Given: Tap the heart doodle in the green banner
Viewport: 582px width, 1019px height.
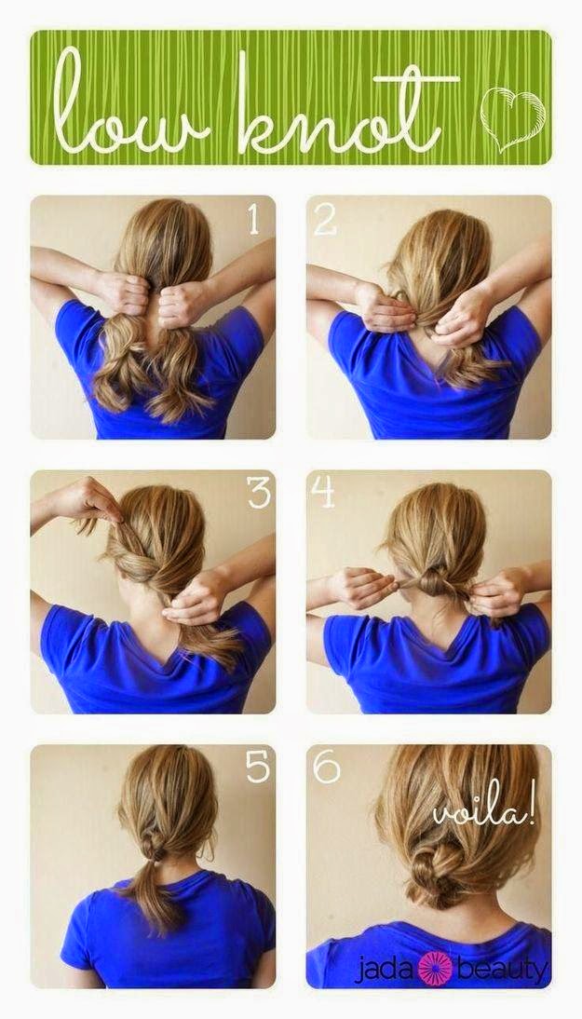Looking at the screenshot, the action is (x=512, y=117).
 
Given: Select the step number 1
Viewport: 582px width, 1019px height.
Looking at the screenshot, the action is (x=254, y=219).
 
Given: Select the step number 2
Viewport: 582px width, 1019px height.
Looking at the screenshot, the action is (x=325, y=220).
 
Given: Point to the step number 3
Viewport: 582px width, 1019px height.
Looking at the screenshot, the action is (x=258, y=493).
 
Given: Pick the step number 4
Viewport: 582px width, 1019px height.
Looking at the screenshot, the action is (x=323, y=493).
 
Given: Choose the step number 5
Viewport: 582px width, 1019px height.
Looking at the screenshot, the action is (x=257, y=768).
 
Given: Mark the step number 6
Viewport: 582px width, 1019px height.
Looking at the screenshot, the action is (x=326, y=768).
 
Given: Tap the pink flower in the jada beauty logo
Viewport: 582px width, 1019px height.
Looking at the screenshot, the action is (x=435, y=969).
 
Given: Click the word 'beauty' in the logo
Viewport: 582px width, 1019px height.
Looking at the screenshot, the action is (x=502, y=971).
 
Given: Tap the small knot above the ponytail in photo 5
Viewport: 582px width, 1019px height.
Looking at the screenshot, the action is (x=154, y=844).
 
